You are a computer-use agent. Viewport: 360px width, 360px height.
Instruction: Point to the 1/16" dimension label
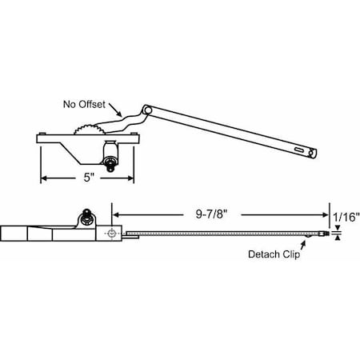click(346, 216)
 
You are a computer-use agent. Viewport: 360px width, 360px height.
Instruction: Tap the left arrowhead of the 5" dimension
click(44, 177)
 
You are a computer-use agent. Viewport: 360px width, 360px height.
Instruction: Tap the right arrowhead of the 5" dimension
click(131, 177)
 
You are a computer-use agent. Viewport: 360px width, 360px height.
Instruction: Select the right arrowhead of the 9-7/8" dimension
click(326, 214)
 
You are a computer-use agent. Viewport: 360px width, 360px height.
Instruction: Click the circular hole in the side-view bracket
click(113, 233)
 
